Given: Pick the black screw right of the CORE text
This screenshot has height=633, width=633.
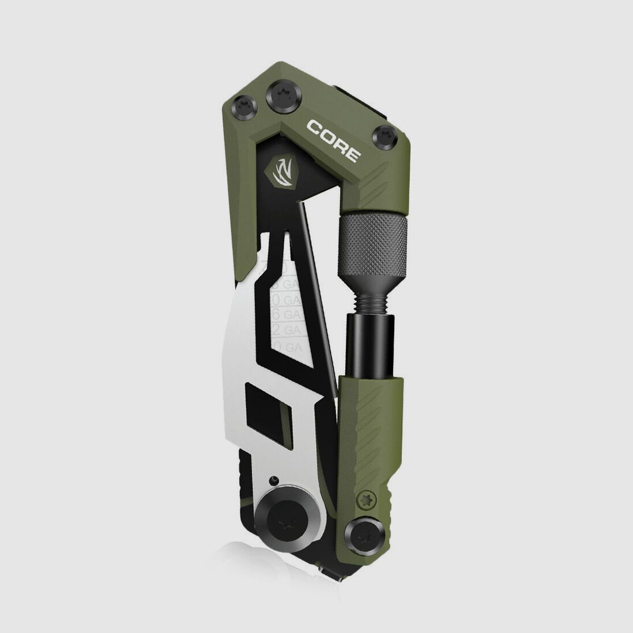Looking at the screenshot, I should pos(385,136).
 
